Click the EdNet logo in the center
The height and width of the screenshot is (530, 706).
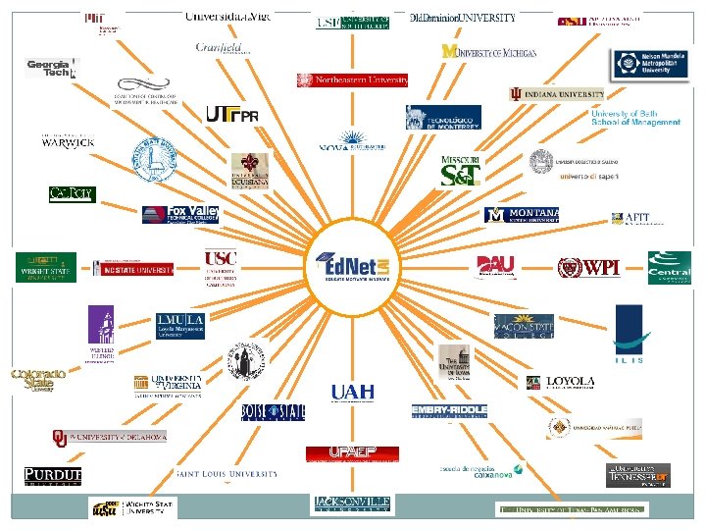pyautogui.click(x=353, y=266)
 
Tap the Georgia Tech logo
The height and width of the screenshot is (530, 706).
pyautogui.click(x=50, y=68)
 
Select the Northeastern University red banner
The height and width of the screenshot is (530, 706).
pyautogui.click(x=352, y=80)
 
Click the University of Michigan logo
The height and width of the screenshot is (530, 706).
pyautogui.click(x=488, y=51)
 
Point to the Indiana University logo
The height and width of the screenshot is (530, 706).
pyautogui.click(x=557, y=94)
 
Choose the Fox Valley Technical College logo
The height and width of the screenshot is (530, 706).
pyautogui.click(x=180, y=214)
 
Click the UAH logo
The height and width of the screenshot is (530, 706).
pyautogui.click(x=352, y=392)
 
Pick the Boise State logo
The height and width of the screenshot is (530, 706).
pyautogui.click(x=273, y=411)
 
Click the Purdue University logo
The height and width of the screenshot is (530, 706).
pyautogui.click(x=53, y=477)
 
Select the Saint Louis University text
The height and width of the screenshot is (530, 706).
pyautogui.click(x=227, y=474)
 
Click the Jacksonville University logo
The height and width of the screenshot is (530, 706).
pyautogui.click(x=352, y=503)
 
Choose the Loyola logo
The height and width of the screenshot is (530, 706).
pyautogui.click(x=560, y=382)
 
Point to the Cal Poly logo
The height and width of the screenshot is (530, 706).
pyautogui.click(x=72, y=194)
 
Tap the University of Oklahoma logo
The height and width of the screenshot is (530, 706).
pyautogui.click(x=109, y=437)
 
